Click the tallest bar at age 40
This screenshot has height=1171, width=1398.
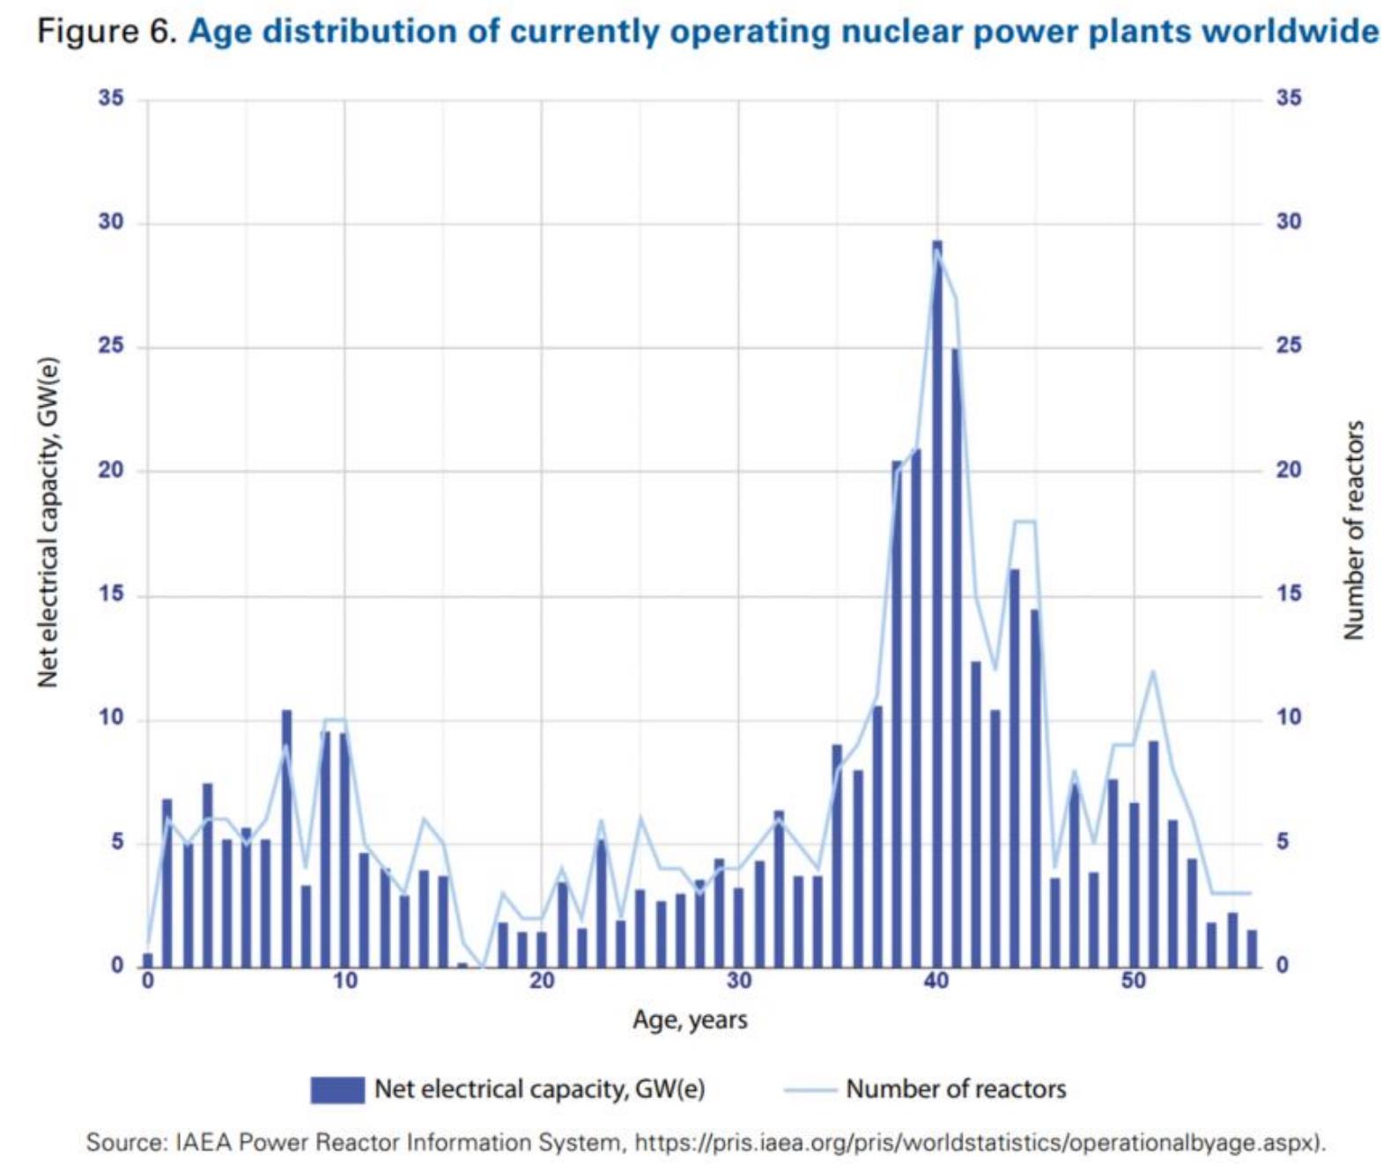tap(936, 604)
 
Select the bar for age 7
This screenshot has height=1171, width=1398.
tap(286, 838)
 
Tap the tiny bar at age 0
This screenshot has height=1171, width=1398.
tap(148, 960)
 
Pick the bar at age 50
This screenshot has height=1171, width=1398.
tap(1134, 885)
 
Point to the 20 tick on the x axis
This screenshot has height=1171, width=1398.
tap(542, 982)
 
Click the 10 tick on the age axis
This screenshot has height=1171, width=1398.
tap(344, 982)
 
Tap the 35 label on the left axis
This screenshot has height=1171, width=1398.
tap(112, 99)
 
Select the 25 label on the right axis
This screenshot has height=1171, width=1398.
tap(1289, 345)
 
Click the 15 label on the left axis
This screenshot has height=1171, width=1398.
tap(112, 594)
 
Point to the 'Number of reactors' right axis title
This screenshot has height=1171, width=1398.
tap(1353, 530)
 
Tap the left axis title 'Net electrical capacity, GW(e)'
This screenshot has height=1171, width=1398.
tap(48, 523)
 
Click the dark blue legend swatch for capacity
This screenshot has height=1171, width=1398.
tap(337, 1090)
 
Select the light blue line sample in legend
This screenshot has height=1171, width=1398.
tap(810, 1090)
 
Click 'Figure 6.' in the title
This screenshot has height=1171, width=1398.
tap(107, 32)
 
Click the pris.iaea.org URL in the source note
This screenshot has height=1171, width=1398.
tap(978, 1142)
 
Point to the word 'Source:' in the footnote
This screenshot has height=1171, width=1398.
tap(127, 1142)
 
